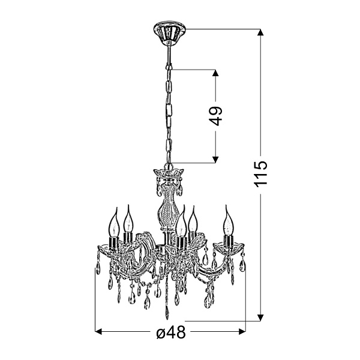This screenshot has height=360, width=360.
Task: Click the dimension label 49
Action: [x=215, y=116]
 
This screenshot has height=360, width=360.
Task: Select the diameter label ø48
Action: [x=171, y=332]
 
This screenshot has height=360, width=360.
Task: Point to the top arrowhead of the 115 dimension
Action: [x=260, y=32]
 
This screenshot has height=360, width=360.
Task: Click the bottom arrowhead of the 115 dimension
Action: [x=260, y=317]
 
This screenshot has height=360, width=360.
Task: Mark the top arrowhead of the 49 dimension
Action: [x=215, y=73]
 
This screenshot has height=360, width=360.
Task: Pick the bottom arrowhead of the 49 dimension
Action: [x=215, y=160]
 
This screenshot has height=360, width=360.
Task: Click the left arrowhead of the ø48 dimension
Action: [x=98, y=332]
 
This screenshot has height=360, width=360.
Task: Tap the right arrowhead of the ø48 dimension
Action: [x=242, y=332]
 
